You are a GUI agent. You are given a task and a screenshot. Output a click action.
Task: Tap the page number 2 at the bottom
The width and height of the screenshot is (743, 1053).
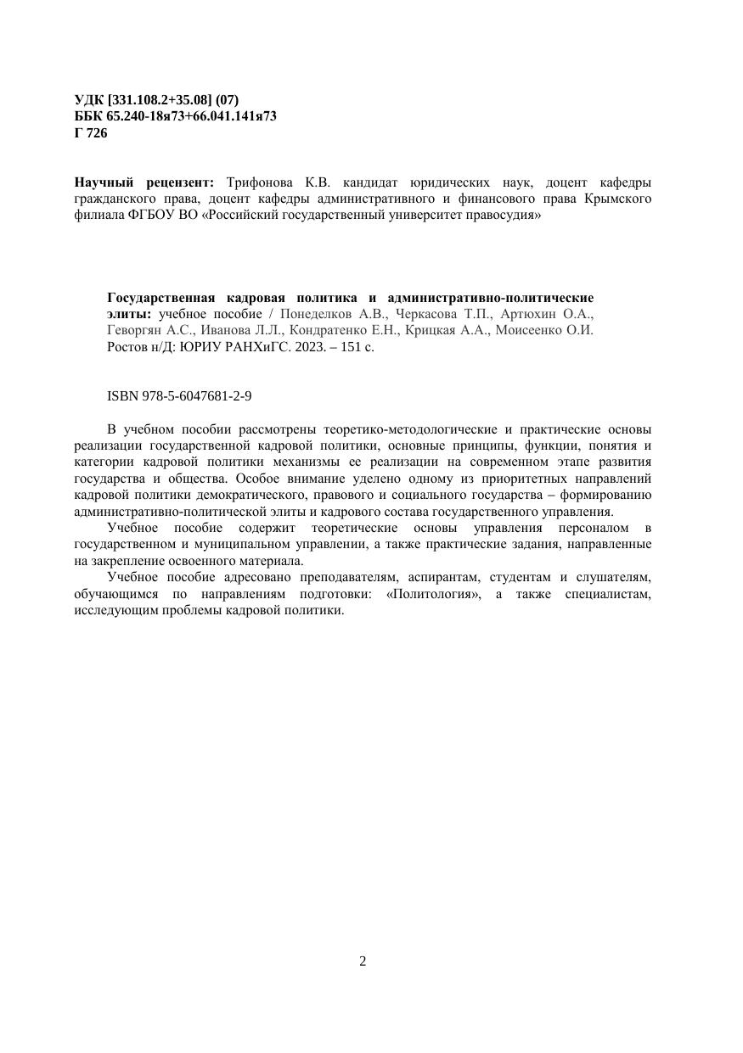[363, 961]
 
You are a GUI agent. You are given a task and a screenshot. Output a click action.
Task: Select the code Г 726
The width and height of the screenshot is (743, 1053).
[91, 132]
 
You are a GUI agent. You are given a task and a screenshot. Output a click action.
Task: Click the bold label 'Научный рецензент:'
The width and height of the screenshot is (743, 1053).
[144, 182]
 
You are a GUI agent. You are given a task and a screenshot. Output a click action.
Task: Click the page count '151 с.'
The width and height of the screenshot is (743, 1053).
[357, 347]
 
